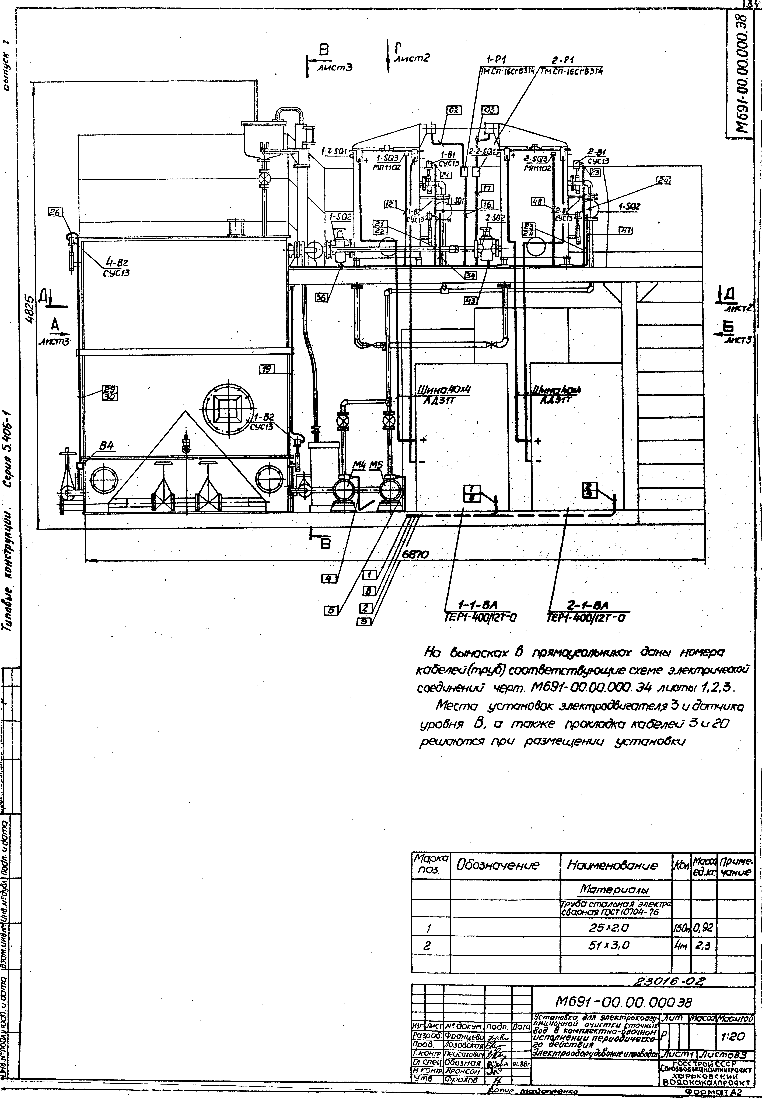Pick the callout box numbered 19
click(x=267, y=368)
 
